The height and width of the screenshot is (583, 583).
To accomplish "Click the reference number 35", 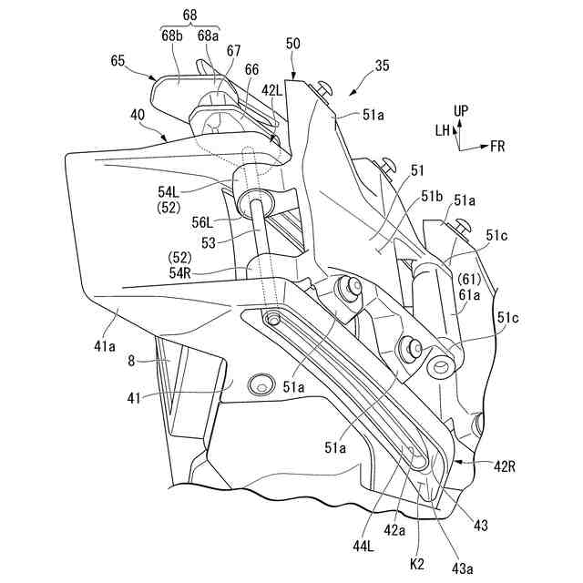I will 382,66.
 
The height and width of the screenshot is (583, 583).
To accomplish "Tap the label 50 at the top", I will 292,45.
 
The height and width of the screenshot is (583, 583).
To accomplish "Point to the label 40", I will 137,116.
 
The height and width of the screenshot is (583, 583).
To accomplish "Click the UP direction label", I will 462,111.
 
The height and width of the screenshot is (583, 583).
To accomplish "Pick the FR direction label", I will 498,145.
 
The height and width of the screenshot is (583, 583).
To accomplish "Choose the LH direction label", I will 442,131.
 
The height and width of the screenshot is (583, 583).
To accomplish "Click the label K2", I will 418,564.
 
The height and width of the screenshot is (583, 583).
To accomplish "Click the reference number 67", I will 234,52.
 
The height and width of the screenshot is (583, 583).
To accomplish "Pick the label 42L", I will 272,90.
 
